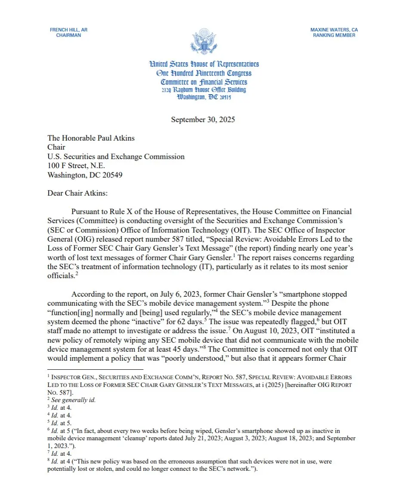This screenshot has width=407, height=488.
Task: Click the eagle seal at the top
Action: (203, 41)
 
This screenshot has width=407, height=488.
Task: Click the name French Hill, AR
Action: (68, 30)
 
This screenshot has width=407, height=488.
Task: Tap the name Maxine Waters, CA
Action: (334, 30)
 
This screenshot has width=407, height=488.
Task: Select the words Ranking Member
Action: (334, 35)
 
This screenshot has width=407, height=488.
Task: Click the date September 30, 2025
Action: (203, 120)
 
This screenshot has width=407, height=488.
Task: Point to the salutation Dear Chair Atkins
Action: (77, 193)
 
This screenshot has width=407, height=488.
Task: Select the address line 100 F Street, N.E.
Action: (76, 166)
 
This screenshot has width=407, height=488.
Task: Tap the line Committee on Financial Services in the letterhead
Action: (204, 82)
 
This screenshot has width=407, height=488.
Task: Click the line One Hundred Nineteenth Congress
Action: (204, 73)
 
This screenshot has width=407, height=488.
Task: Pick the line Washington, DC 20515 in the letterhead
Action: (204, 97)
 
